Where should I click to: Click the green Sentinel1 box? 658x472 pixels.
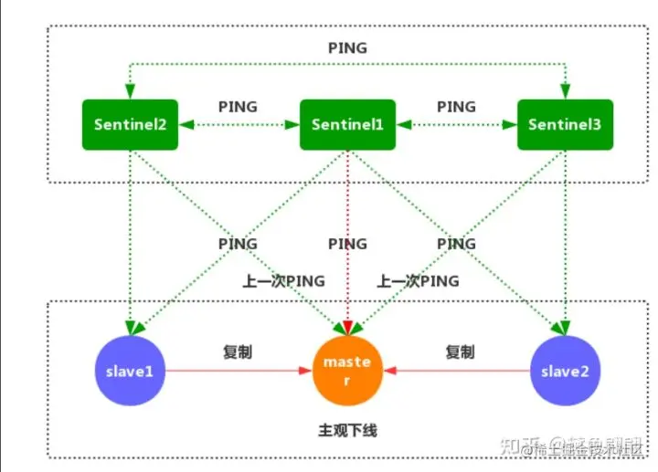point(347,123)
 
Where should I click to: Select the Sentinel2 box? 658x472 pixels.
point(129,123)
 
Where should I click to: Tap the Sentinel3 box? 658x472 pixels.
point(565,123)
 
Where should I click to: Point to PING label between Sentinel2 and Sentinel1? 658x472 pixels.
point(238,106)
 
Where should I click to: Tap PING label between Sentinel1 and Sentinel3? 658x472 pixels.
point(456,106)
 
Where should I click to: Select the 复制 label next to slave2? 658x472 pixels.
point(460,351)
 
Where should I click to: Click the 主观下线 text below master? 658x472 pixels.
point(347,429)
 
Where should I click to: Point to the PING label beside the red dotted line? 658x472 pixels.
point(347,244)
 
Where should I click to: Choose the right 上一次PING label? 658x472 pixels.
point(418,280)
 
